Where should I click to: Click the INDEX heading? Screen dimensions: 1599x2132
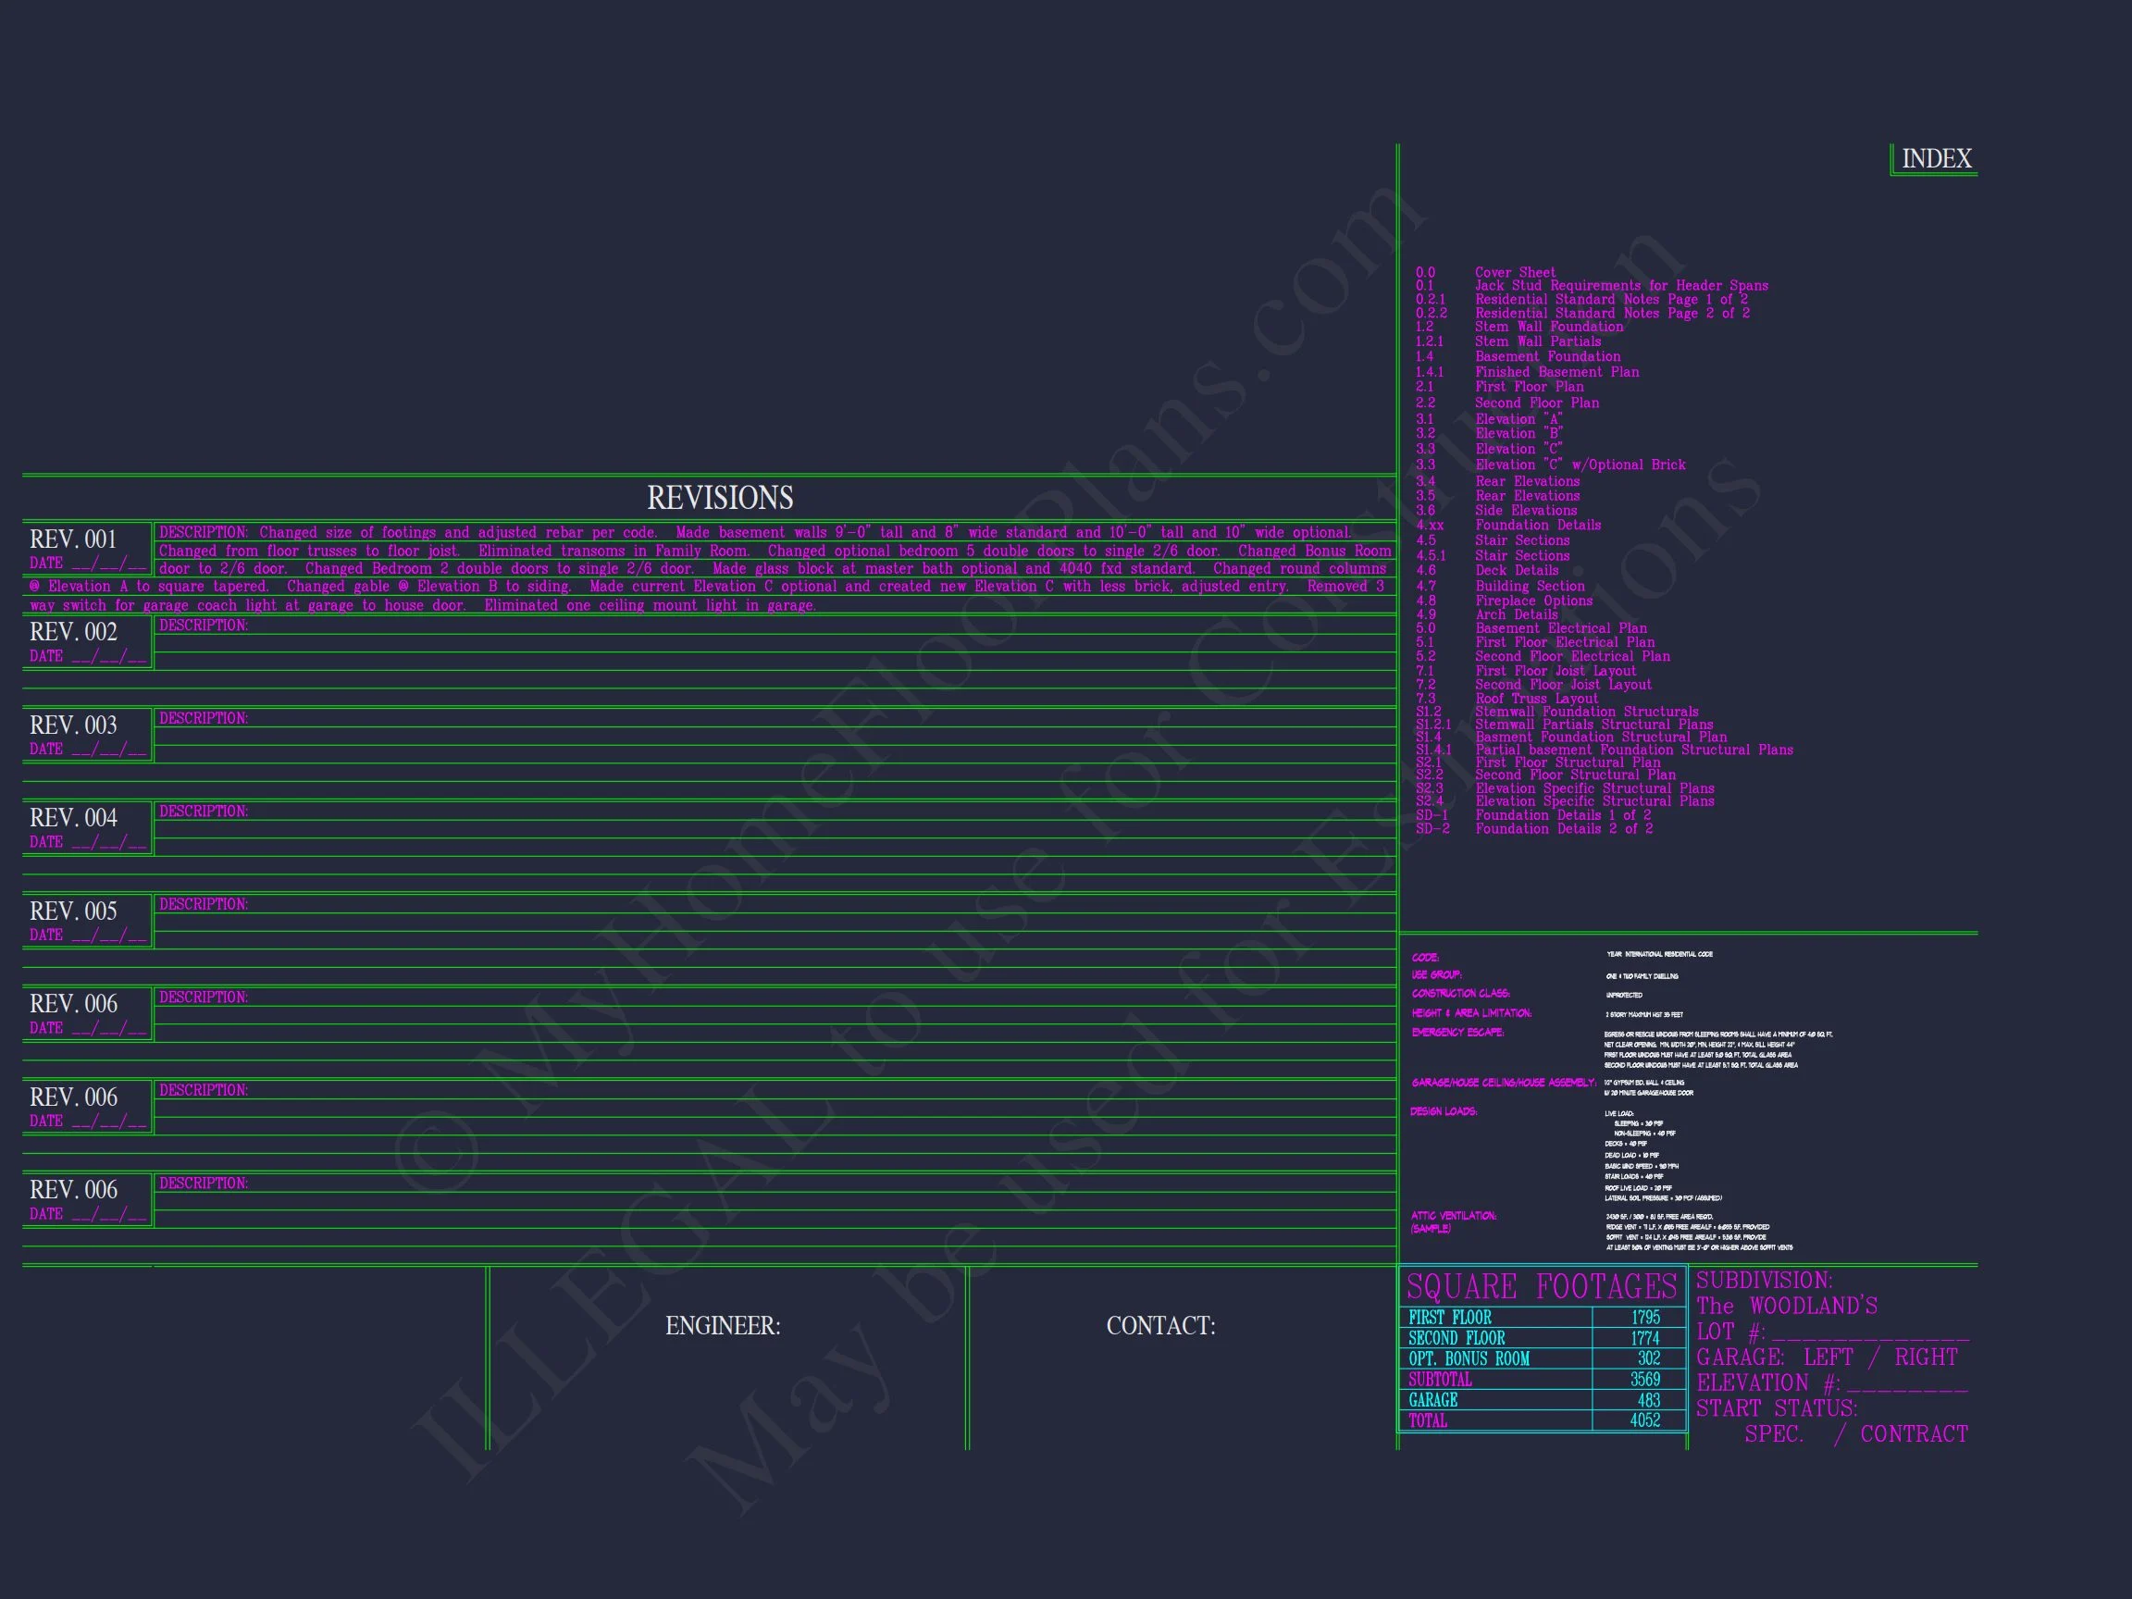(x=1936, y=159)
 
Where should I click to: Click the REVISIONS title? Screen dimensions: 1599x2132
(x=720, y=499)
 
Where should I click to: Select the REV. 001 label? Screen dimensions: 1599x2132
(x=73, y=539)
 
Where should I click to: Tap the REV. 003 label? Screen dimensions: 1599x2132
(x=73, y=725)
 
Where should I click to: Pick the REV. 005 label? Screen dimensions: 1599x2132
(x=73, y=911)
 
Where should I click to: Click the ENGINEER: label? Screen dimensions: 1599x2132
(x=723, y=1326)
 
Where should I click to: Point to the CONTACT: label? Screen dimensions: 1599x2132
(x=1160, y=1326)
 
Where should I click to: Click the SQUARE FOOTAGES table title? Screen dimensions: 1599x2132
(x=1542, y=1287)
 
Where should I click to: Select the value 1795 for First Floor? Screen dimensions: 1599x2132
(x=1645, y=1318)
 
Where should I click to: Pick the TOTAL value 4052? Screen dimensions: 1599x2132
(x=1644, y=1420)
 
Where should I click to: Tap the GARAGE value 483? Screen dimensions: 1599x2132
(x=1648, y=1400)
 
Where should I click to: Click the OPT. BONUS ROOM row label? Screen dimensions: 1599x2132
(x=1469, y=1359)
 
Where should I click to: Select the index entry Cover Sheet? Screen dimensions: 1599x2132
(x=1515, y=273)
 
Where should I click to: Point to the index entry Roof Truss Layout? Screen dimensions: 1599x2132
(x=1536, y=699)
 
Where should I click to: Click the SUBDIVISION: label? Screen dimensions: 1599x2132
(x=1764, y=1281)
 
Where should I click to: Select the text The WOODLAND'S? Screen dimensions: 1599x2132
(x=1787, y=1307)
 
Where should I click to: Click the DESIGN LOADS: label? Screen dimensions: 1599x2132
(x=1443, y=1112)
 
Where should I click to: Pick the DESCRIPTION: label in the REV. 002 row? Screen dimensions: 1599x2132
(x=204, y=626)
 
